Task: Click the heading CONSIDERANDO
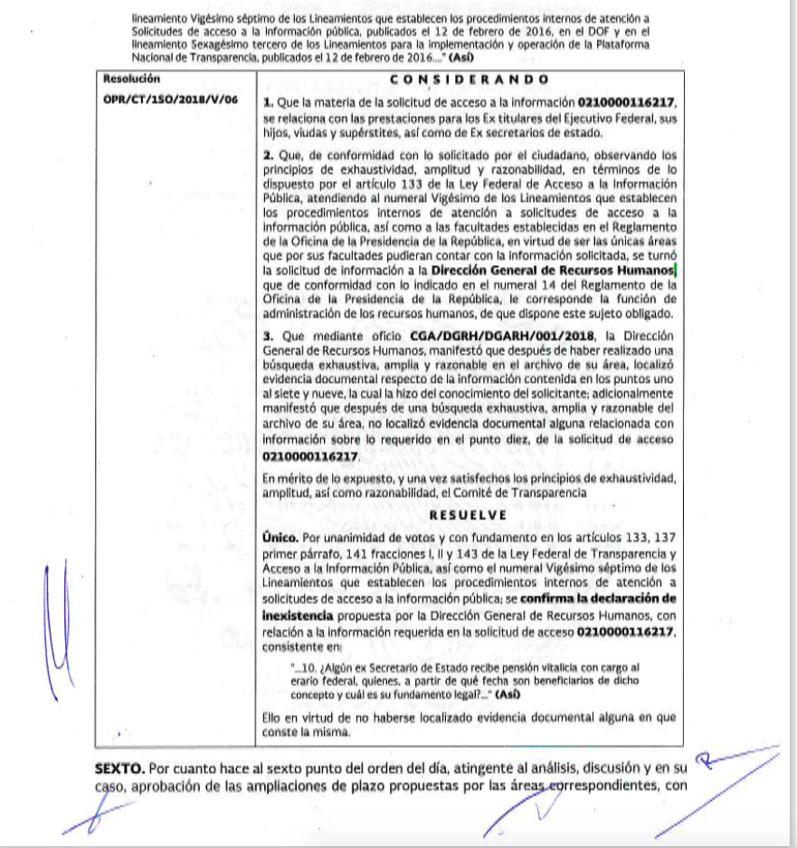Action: (466, 80)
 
